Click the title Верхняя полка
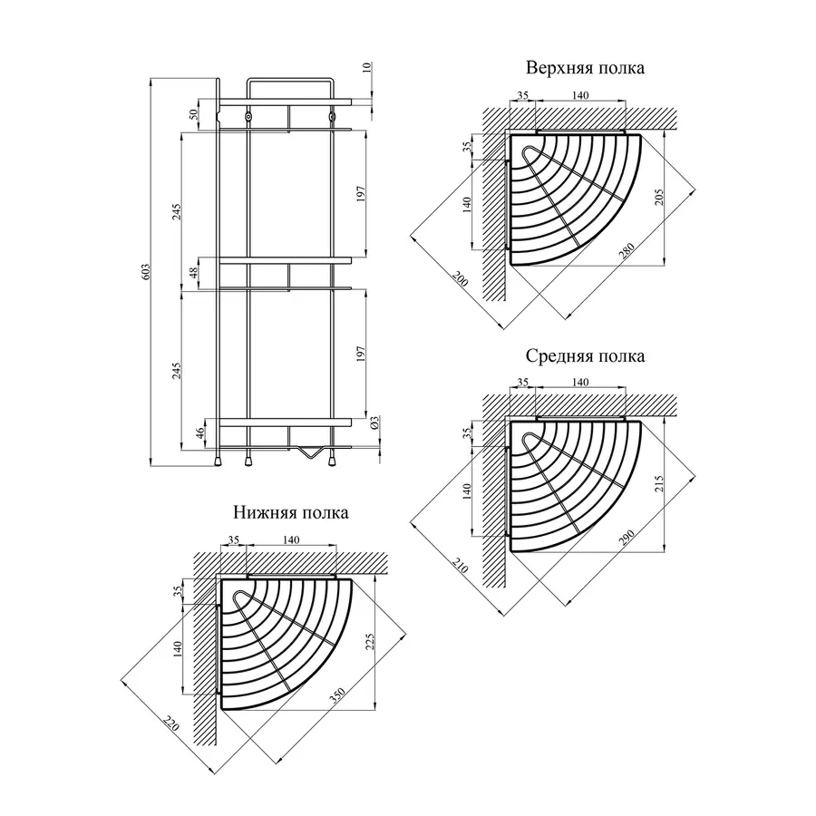pyautogui.click(x=585, y=69)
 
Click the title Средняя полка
pyautogui.click(x=585, y=356)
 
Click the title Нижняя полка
pyautogui.click(x=290, y=513)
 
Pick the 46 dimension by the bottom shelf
pyautogui.click(x=200, y=433)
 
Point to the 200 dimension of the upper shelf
pyautogui.click(x=460, y=278)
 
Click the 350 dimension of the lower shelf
pyautogui.click(x=337, y=696)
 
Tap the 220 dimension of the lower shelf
pyautogui.click(x=170, y=723)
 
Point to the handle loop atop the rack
pyautogui.click(x=289, y=82)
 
